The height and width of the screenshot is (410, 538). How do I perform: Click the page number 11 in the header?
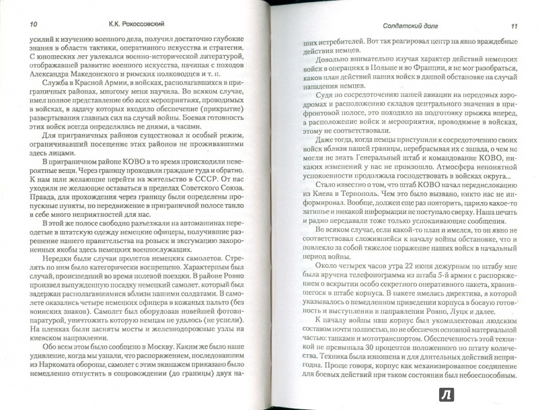[x=512, y=26]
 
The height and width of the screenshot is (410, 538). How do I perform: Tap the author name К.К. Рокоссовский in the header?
[x=145, y=26]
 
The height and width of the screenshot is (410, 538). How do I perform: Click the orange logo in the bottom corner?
[x=516, y=389]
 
